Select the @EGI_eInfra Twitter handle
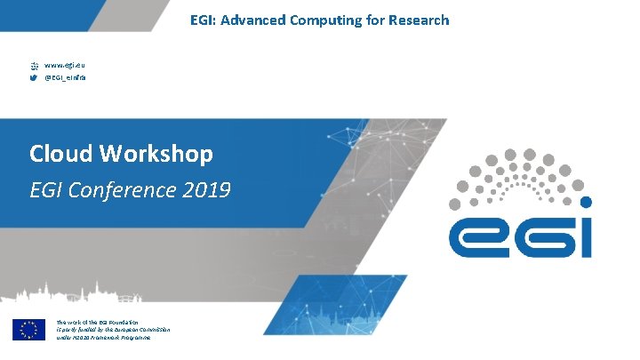coord(68,78)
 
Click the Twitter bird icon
coord(35,78)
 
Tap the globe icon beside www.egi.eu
coord(35,65)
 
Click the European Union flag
coord(28,329)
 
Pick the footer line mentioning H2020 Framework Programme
coord(103,338)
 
